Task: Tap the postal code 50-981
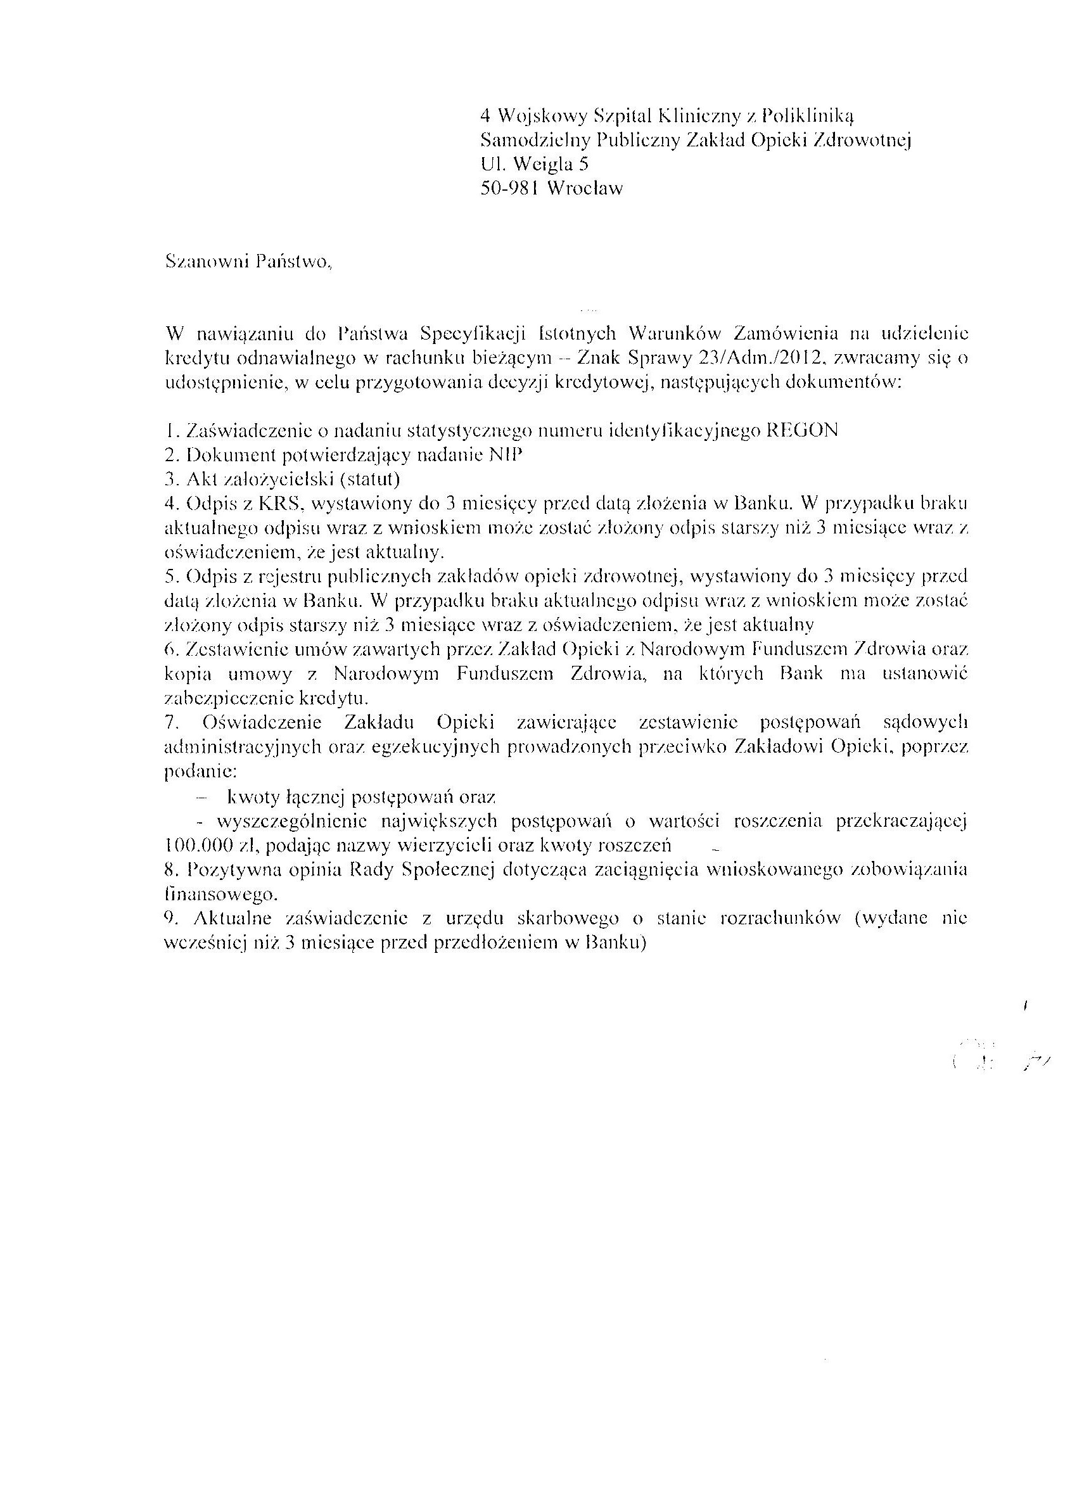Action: tap(509, 189)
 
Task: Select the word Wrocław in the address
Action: tap(585, 189)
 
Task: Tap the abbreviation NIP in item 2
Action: tap(507, 455)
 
